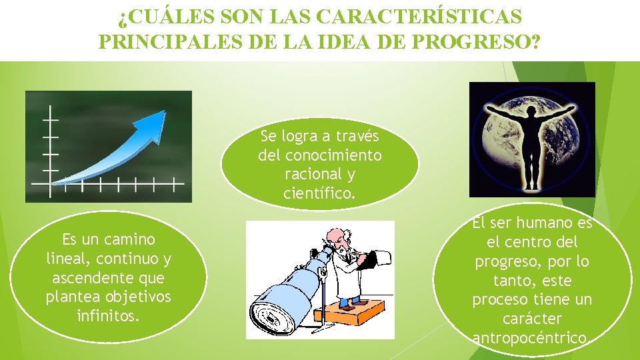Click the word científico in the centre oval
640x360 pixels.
319,194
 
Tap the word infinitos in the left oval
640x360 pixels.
109,315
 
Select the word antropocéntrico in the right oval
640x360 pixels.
531,338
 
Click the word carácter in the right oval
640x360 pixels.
532,319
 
